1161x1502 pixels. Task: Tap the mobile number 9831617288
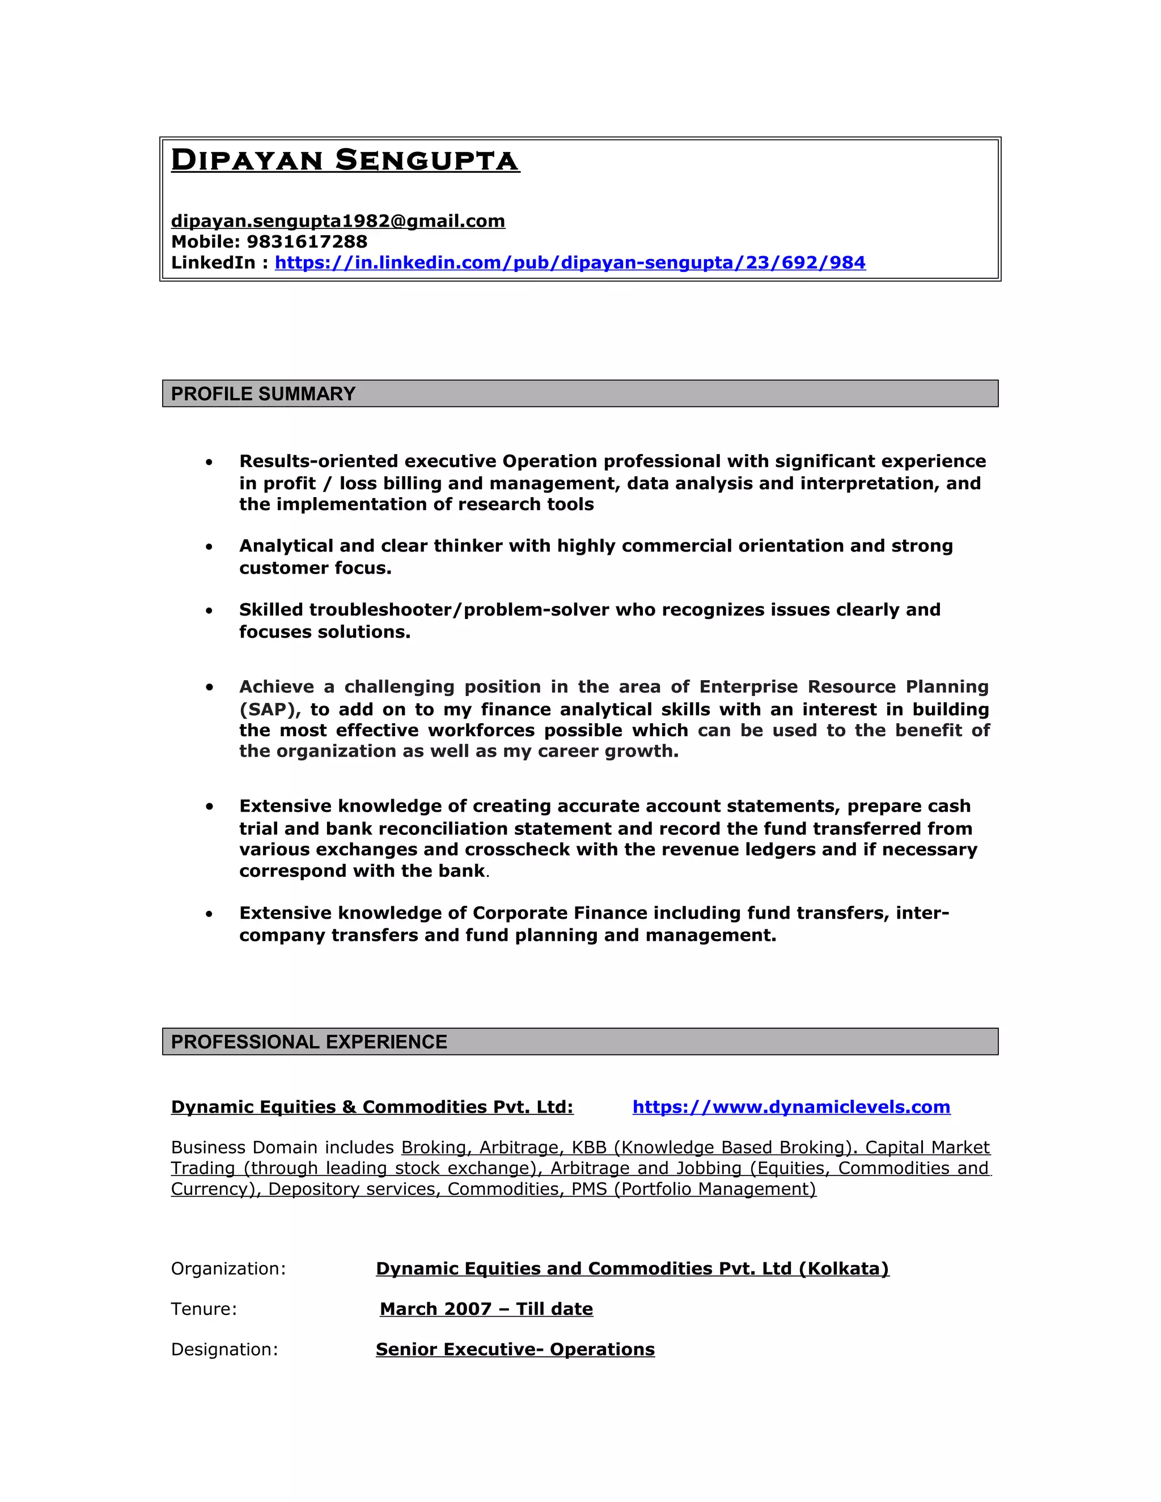(307, 241)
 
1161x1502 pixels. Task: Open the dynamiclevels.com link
(791, 1106)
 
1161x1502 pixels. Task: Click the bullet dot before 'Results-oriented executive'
(209, 462)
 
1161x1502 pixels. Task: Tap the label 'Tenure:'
(204, 1309)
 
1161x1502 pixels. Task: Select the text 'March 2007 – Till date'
(486, 1309)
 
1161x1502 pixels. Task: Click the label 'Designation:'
(224, 1350)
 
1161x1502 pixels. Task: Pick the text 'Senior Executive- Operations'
(515, 1350)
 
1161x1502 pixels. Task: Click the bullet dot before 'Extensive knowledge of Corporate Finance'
(209, 914)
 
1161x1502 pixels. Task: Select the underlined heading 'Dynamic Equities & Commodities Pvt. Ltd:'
(372, 1106)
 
